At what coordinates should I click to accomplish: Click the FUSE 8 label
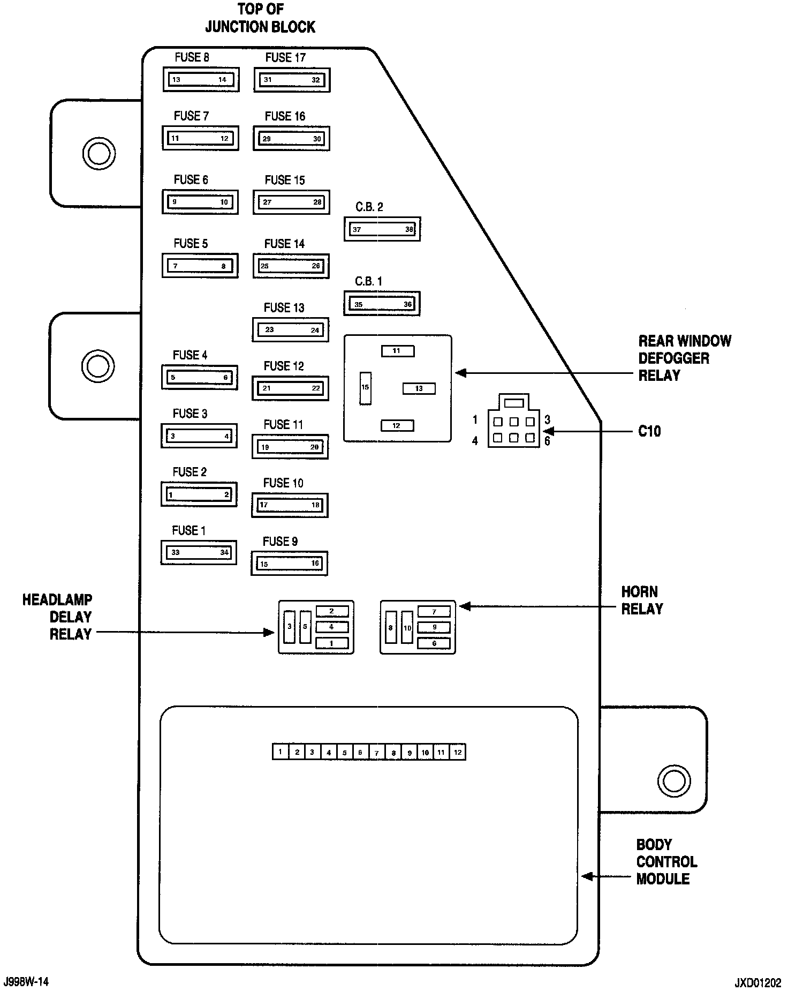(x=192, y=57)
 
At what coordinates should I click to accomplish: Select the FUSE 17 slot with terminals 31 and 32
(x=292, y=80)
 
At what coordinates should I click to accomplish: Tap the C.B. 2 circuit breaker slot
(x=382, y=229)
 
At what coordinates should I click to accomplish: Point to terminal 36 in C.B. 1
(x=408, y=304)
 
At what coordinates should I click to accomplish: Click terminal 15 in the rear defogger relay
(x=365, y=387)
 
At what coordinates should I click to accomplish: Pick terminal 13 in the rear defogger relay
(x=419, y=388)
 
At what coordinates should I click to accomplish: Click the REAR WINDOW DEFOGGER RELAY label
(x=684, y=358)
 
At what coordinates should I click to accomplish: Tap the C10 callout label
(x=649, y=431)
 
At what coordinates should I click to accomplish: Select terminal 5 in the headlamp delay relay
(x=305, y=627)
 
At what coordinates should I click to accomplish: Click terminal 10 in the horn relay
(x=407, y=627)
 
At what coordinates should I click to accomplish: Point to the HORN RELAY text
(x=642, y=600)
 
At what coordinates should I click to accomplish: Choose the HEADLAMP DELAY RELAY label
(x=58, y=617)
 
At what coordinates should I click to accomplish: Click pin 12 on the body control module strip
(x=458, y=752)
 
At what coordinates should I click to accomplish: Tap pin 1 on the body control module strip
(x=280, y=752)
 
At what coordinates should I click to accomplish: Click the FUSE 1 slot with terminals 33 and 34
(x=199, y=553)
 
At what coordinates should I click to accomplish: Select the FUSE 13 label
(x=284, y=307)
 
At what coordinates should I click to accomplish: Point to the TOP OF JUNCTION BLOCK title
(x=260, y=18)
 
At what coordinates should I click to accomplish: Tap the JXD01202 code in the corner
(x=757, y=984)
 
